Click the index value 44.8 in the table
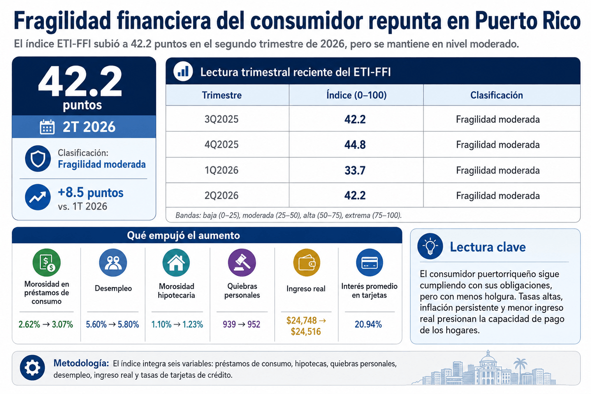(x=355, y=145)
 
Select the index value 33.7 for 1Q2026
(x=355, y=170)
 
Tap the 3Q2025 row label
(x=221, y=119)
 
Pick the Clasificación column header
(x=496, y=95)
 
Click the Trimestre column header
(x=222, y=95)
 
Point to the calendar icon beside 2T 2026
(x=47, y=127)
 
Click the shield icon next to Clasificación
(x=38, y=159)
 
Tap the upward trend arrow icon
(x=38, y=197)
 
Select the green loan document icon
(x=46, y=263)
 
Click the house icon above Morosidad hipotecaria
(x=176, y=263)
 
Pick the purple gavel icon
(x=242, y=263)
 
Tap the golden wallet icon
(x=306, y=263)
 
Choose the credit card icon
(x=369, y=263)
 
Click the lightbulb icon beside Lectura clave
(x=430, y=246)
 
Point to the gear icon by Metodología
(x=32, y=367)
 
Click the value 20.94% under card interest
(x=368, y=325)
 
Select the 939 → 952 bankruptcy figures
(x=241, y=325)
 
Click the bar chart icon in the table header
(x=183, y=71)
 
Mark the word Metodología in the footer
(x=81, y=363)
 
